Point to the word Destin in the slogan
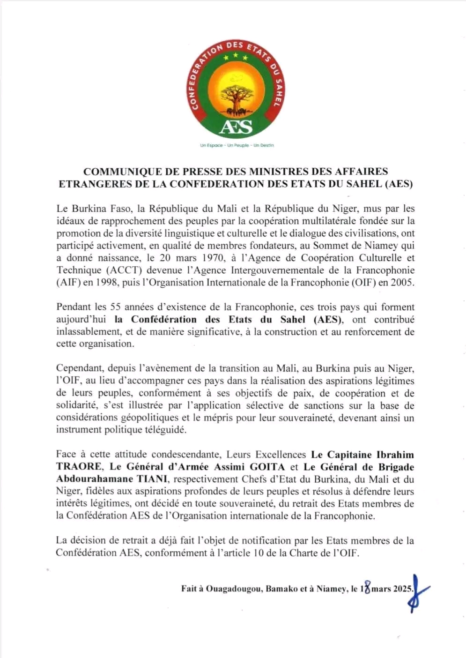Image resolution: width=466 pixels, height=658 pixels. click(264, 145)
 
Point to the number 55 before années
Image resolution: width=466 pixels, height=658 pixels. click(116, 307)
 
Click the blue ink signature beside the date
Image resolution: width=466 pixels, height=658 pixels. click(418, 591)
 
